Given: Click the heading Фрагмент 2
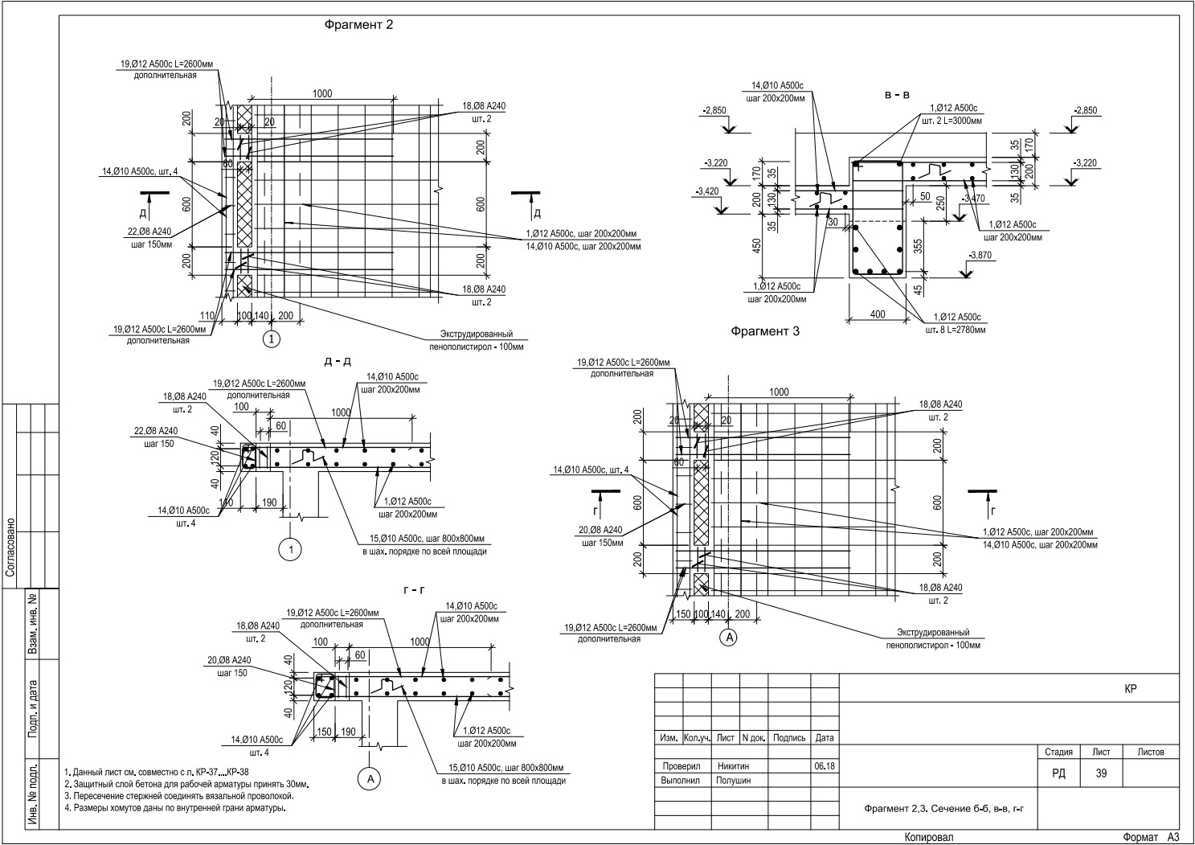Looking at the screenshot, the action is point(358,25).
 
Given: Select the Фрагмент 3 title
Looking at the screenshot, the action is point(765,331).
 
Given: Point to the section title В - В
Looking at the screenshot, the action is point(897,95).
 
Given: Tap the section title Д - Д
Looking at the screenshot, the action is point(338,361).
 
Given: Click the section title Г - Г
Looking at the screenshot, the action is point(414,590).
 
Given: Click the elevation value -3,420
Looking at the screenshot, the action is point(707,191).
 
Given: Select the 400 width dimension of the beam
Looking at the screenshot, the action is point(878,314).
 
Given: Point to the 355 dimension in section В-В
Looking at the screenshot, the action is point(918,246).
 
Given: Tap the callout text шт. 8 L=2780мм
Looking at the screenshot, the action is point(956,330).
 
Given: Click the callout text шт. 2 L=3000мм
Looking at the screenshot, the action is point(951,121).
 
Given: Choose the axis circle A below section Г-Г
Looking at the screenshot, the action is point(370,779).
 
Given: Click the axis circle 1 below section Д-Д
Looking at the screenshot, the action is point(291,549).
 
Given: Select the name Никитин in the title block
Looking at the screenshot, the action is point(733,766).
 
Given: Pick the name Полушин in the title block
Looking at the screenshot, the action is point(733,781).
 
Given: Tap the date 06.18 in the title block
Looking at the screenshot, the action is point(825,766).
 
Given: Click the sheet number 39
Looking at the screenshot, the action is point(1101,773).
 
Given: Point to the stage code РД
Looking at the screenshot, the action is point(1058,773).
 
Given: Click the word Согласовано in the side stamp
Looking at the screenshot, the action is point(10,547).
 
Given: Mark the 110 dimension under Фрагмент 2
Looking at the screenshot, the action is point(207,315).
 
